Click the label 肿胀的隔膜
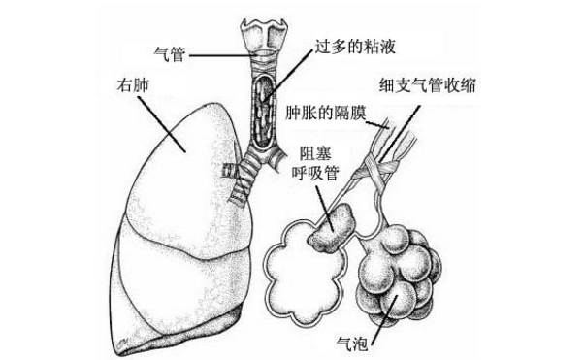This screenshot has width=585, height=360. (326, 113)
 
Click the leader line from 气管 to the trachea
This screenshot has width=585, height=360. (218, 55)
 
